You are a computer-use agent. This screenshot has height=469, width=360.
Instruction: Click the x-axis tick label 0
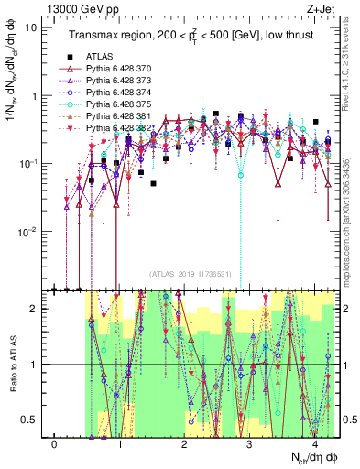(55, 444)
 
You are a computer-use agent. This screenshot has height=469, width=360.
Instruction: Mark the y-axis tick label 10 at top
(32, 27)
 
